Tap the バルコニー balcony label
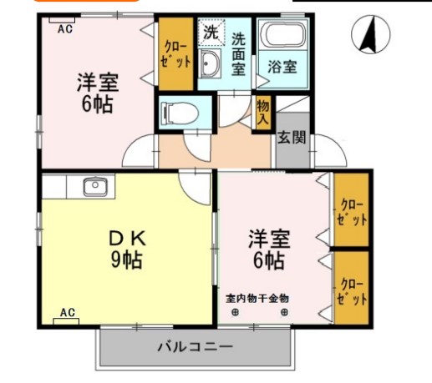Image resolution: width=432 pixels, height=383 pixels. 194,346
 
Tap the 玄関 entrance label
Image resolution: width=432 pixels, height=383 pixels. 292,137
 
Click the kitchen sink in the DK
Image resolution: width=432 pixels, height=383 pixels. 96,185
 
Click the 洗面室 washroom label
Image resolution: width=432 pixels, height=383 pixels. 238,54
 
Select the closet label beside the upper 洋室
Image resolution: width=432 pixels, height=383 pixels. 176,54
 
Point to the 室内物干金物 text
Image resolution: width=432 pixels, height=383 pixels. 257,297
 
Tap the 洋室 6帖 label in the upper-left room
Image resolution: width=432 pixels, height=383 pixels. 97,94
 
